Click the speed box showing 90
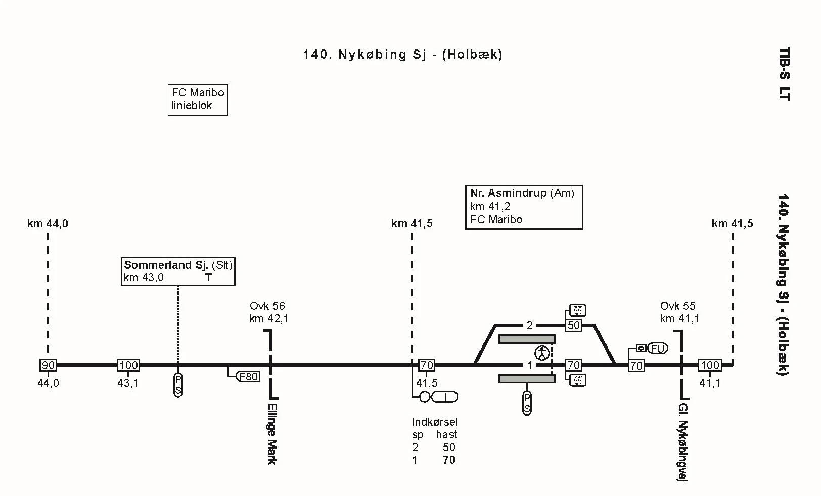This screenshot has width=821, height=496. coord(48,365)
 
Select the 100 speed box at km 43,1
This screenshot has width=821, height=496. coord(128,365)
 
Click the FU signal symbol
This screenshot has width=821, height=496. coord(657,349)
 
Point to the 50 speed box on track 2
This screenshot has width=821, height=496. coord(573,326)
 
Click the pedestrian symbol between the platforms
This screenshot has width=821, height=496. coord(542,353)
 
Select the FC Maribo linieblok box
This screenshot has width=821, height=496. coord(198,100)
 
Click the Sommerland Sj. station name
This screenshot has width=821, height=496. coord(166,265)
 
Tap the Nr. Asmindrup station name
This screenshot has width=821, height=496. coord(508,193)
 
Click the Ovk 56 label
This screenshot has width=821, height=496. coord(267,306)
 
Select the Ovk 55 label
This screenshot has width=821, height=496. coord(678,306)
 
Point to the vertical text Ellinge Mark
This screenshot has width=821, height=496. coord(272,433)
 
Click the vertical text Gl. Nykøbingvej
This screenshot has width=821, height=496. coord(683,442)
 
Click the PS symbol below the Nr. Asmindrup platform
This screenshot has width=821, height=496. coord(527,403)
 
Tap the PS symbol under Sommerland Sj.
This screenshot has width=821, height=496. coord(178,385)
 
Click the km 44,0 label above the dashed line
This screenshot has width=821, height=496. coord(48,224)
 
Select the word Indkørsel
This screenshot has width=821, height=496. coord(434,422)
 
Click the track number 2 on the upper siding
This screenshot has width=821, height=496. coord(529,326)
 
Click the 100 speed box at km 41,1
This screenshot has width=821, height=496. coord(709,365)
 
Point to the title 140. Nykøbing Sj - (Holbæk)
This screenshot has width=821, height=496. coord(402,55)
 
